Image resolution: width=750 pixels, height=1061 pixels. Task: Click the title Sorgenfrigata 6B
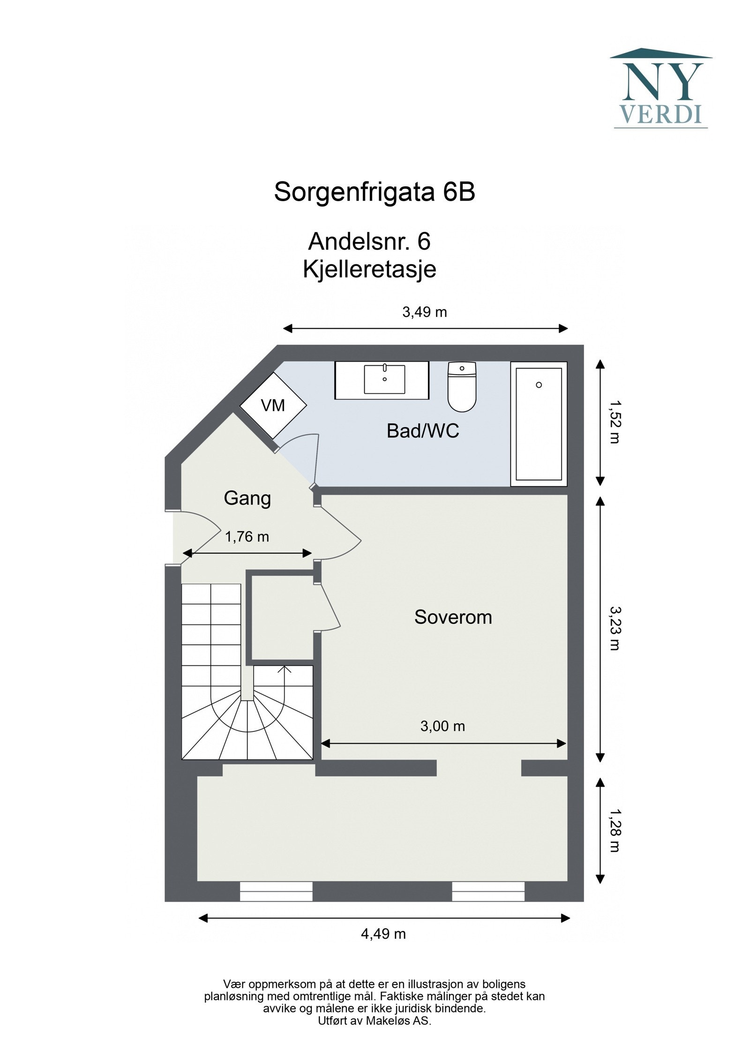point(375,192)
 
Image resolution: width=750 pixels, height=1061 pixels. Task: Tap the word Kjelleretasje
point(369,270)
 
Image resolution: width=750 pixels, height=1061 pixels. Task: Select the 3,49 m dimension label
point(425,312)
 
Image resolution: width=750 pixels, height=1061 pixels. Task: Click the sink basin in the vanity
point(384,379)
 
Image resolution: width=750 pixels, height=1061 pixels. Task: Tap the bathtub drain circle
point(539,385)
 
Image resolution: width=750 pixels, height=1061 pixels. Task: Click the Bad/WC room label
point(423,431)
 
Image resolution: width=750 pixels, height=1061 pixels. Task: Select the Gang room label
point(247,498)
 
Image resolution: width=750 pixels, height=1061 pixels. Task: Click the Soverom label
point(453,617)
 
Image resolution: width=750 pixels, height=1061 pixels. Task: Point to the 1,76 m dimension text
point(247,537)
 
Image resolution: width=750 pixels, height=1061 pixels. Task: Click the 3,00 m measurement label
point(442,726)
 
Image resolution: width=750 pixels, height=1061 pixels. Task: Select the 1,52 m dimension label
point(614,421)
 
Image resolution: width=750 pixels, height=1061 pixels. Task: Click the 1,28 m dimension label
point(614,830)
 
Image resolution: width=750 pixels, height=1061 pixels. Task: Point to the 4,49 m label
point(383,934)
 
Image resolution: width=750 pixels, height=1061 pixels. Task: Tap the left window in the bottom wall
point(276,891)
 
